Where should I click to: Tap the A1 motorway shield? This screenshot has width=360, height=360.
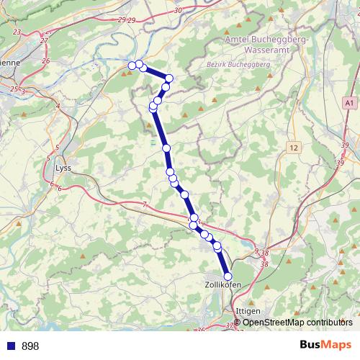tap(349, 104)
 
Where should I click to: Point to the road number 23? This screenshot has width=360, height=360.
tap(17, 32)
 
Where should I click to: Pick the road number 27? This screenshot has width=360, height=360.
tap(44, 40)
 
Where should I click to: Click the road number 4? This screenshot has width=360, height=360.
tap(58, 107)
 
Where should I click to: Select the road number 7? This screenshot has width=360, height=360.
tap(144, 206)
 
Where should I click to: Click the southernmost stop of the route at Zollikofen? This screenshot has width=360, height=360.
tap(228, 276)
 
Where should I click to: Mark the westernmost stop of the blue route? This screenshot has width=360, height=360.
tap(132, 66)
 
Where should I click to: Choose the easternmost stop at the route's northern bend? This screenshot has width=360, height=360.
tap(170, 78)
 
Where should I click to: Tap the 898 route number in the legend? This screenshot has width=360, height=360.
tap(30, 346)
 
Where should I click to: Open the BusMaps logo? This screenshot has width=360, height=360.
tap(326, 345)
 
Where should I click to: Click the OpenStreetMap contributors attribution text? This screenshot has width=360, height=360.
tap(297, 322)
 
